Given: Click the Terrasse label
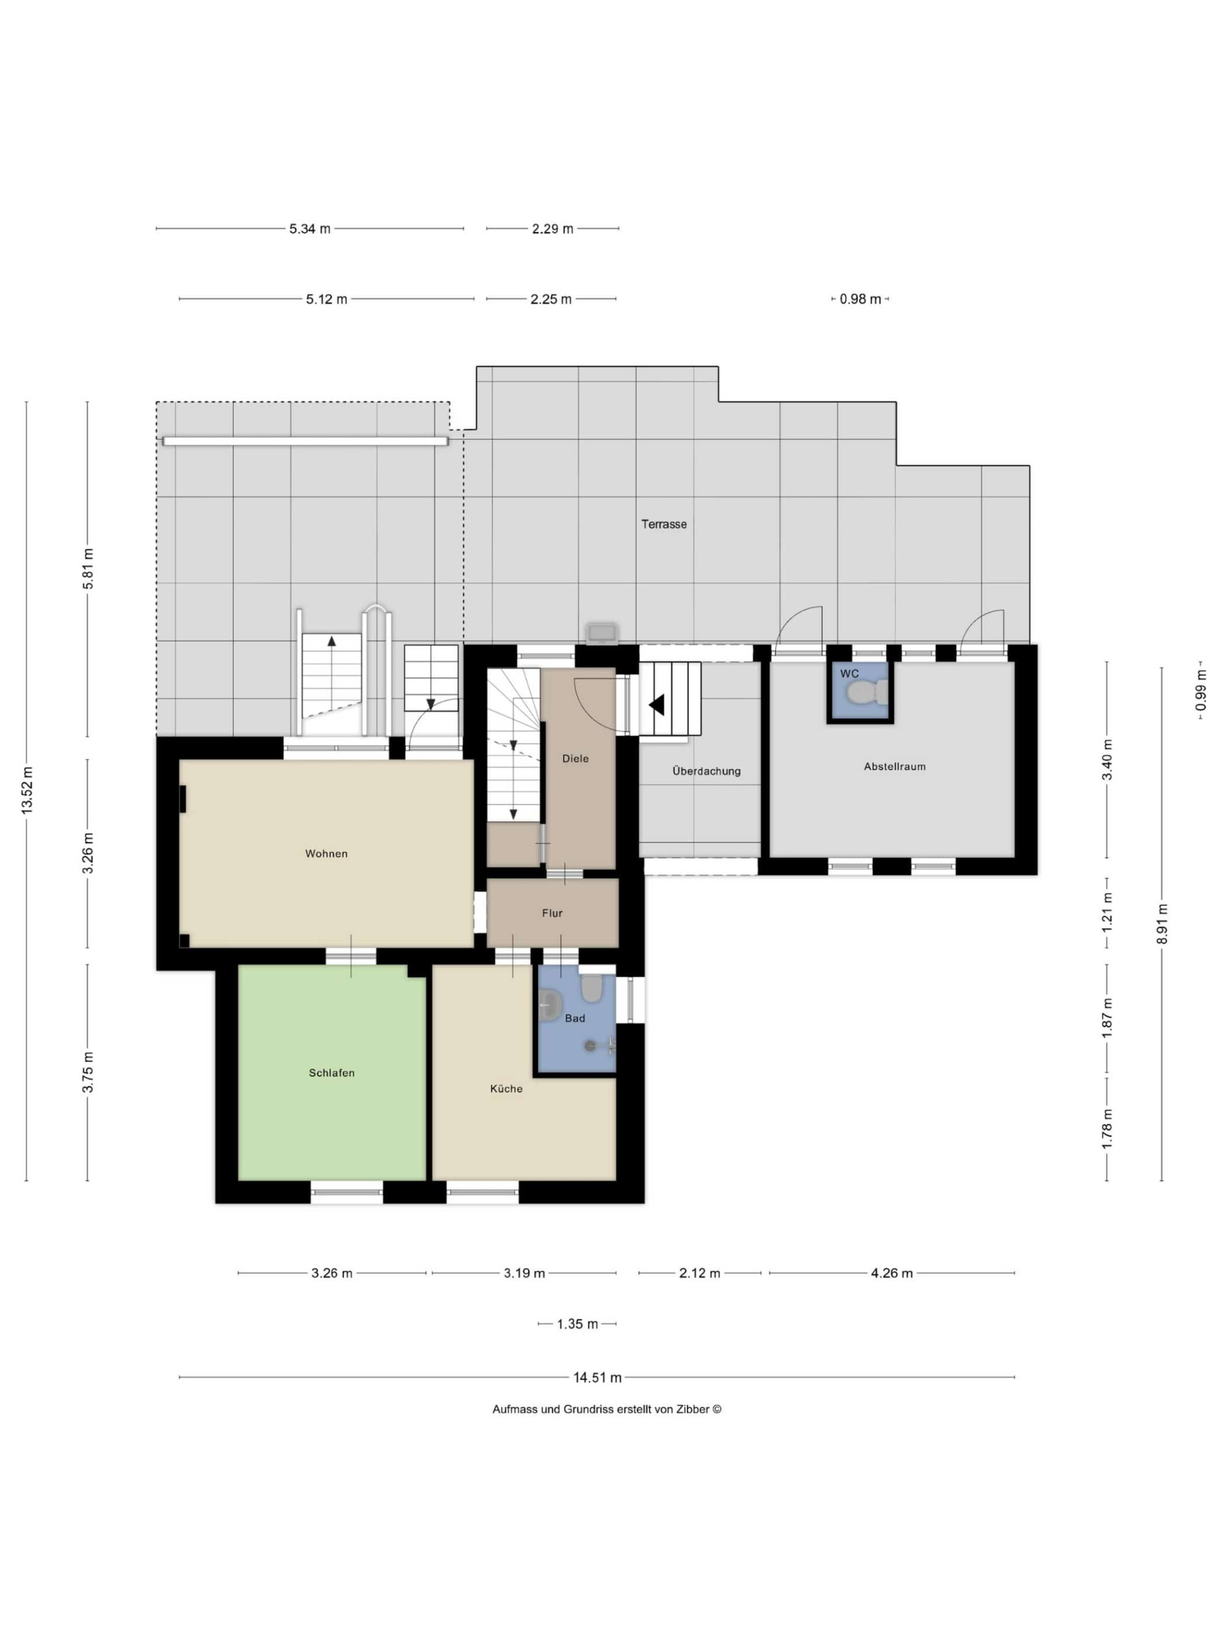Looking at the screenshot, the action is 663,524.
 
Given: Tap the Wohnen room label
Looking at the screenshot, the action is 326,853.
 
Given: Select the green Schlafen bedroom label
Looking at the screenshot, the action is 331,1072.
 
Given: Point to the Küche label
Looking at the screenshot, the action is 506,1089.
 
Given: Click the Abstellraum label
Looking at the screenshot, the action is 894,767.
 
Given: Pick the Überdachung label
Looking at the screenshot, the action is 706,771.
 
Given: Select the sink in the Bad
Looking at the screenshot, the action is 550,1006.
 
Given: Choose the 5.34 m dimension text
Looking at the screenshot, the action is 309,228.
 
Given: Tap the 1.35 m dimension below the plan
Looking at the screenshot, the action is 577,1324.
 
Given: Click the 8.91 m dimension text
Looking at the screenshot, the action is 1162,924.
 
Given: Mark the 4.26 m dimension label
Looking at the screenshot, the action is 891,1273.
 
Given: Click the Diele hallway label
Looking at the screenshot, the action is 575,758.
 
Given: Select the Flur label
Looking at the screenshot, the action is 552,913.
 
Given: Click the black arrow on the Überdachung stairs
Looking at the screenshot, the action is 657,704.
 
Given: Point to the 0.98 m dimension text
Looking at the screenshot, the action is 860,299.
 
